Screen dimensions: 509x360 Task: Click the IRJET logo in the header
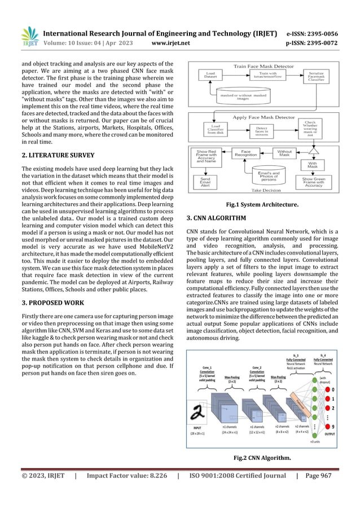[29, 36]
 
